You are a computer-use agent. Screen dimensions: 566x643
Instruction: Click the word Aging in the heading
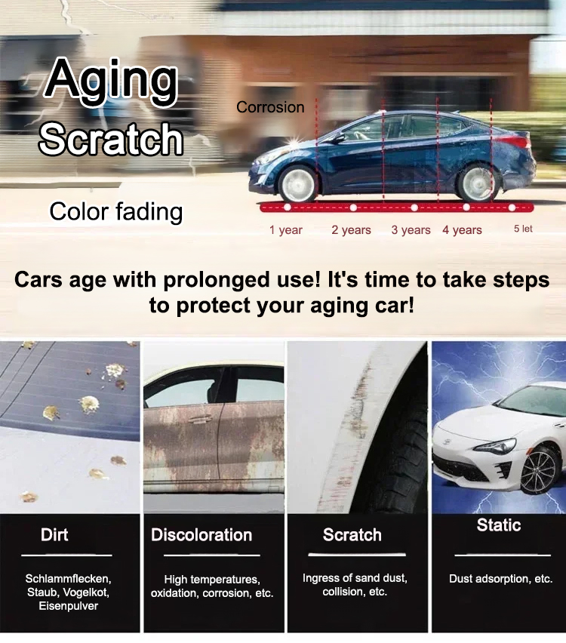(x=112, y=82)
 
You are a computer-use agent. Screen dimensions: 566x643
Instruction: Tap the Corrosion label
(x=270, y=107)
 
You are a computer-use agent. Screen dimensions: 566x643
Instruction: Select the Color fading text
(x=116, y=212)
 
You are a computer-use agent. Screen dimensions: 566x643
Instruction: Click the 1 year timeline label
(x=286, y=230)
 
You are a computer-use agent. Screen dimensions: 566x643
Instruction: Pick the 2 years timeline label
(x=351, y=230)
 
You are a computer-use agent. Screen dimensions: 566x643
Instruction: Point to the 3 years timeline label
(x=411, y=230)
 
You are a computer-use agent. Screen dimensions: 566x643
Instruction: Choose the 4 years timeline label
(x=462, y=230)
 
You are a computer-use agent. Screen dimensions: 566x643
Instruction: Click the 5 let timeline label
(x=523, y=229)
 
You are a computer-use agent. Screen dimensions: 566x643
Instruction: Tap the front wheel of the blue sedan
(x=298, y=183)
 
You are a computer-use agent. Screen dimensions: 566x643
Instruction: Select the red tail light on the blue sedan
(x=515, y=141)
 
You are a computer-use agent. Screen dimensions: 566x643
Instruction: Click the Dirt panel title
(x=54, y=535)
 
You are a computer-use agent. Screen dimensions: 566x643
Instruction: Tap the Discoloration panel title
(x=201, y=535)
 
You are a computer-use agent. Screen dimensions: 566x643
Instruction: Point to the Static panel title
(x=499, y=525)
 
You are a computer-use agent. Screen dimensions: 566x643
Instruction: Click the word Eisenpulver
(x=69, y=606)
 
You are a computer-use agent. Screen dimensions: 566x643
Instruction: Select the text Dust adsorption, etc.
(x=501, y=579)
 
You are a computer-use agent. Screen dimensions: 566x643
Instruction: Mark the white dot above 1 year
(x=288, y=208)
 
